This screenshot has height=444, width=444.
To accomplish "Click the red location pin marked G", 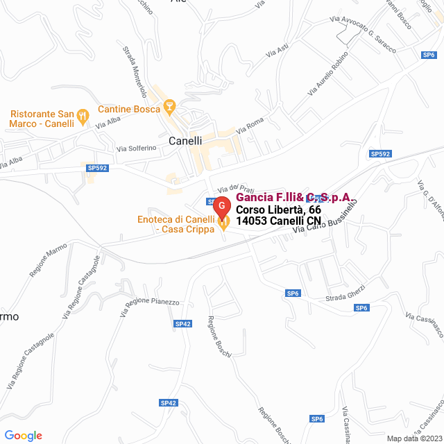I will pyautogui.click(x=221, y=207).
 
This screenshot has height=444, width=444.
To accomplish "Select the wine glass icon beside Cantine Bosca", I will pyautogui.click(x=169, y=107).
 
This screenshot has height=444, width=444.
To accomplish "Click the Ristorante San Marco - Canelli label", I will pyautogui.click(x=42, y=119).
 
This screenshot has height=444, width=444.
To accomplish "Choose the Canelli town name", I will pyautogui.click(x=185, y=140).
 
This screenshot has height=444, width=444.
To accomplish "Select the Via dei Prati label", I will pyautogui.click(x=232, y=188).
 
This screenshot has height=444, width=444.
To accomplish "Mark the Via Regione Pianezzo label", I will pyautogui.click(x=149, y=307).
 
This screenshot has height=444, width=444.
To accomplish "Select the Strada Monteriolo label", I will pyautogui.click(x=135, y=70).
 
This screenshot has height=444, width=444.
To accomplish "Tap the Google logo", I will pyautogui.click(x=22, y=436).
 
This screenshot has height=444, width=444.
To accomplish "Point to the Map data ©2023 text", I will pyautogui.click(x=413, y=438).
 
